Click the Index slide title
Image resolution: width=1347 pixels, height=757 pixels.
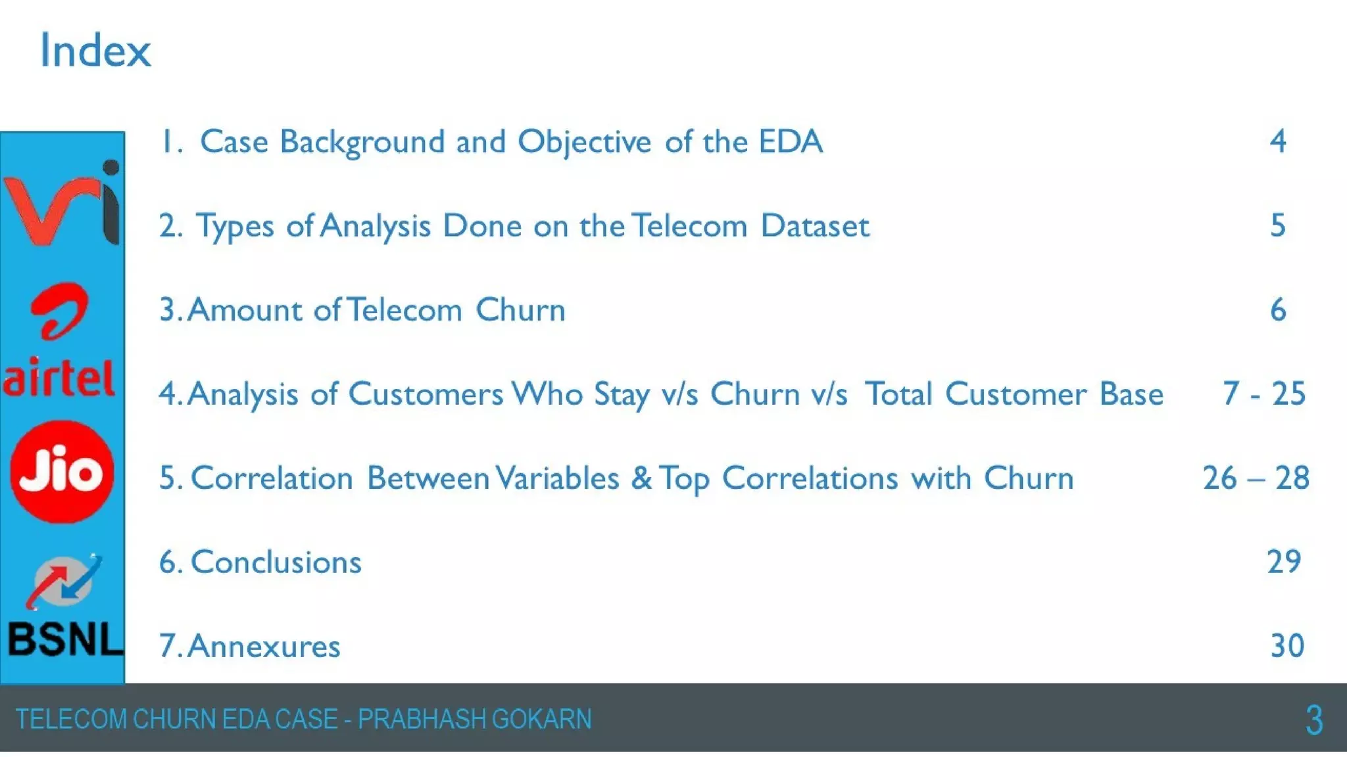(95, 51)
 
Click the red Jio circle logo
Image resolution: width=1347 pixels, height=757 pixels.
(62, 472)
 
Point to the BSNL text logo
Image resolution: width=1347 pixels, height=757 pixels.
(64, 639)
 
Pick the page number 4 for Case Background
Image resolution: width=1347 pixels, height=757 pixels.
(1277, 141)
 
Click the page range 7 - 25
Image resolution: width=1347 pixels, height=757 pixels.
(1263, 394)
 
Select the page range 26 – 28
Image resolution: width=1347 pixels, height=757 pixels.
(1256, 478)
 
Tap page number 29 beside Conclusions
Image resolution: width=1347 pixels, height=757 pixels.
(1284, 562)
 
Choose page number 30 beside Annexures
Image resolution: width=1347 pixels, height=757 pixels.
(1287, 646)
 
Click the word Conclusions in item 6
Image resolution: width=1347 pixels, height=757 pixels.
(276, 562)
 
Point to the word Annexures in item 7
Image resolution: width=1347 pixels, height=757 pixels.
(264, 647)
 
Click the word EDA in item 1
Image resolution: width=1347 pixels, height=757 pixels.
(791, 142)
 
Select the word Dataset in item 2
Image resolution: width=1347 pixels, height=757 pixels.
(815, 226)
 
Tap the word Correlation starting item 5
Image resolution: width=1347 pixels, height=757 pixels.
(272, 478)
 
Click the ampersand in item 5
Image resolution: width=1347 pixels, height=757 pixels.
(641, 478)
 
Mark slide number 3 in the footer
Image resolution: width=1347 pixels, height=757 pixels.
(1313, 720)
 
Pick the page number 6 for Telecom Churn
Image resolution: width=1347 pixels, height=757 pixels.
(1277, 310)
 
